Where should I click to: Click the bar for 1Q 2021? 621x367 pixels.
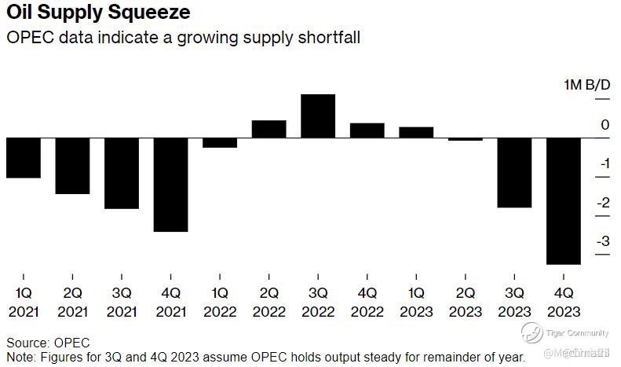tap(24, 157)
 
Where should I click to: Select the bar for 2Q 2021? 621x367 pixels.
tap(72, 165)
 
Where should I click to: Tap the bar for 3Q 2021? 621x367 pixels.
tap(122, 173)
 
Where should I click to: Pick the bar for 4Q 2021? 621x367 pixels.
tap(170, 185)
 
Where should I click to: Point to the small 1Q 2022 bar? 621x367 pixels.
tap(220, 143)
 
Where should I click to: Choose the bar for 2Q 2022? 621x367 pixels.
tap(268, 130)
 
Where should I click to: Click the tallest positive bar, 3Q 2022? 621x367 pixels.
tap(318, 116)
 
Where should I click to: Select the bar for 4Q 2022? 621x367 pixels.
tap(367, 131)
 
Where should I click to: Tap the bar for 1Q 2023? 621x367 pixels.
tap(416, 133)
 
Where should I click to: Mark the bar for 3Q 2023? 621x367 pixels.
tap(514, 172)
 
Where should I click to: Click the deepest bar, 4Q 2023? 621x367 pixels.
tap(563, 201)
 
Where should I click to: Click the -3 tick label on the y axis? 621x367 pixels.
tap(603, 241)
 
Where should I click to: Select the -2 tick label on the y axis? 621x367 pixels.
tap(603, 203)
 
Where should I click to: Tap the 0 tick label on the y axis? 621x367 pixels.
tap(605, 125)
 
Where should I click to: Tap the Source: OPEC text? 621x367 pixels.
tap(48, 343)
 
